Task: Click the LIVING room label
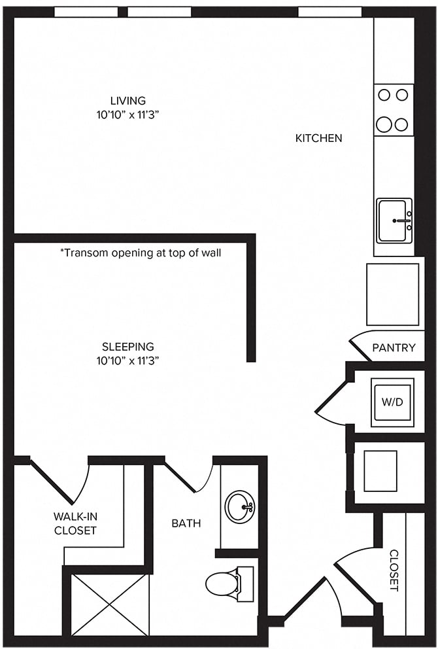click(x=127, y=101)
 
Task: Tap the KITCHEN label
click(x=318, y=138)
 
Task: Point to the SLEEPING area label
click(x=127, y=346)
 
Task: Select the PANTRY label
click(x=394, y=347)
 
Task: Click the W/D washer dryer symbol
click(x=392, y=402)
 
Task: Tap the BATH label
click(x=186, y=523)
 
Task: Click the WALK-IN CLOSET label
click(x=75, y=523)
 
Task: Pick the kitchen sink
click(x=394, y=220)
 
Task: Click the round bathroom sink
click(x=240, y=506)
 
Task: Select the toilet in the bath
click(x=229, y=583)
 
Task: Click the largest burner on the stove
click(x=384, y=124)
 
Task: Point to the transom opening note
click(x=141, y=253)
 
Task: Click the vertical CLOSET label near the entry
click(x=394, y=570)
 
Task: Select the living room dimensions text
click(x=127, y=115)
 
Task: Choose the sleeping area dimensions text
click(x=127, y=360)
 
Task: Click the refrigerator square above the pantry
click(x=392, y=294)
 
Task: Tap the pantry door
click(x=360, y=345)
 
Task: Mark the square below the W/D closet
click(x=380, y=471)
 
